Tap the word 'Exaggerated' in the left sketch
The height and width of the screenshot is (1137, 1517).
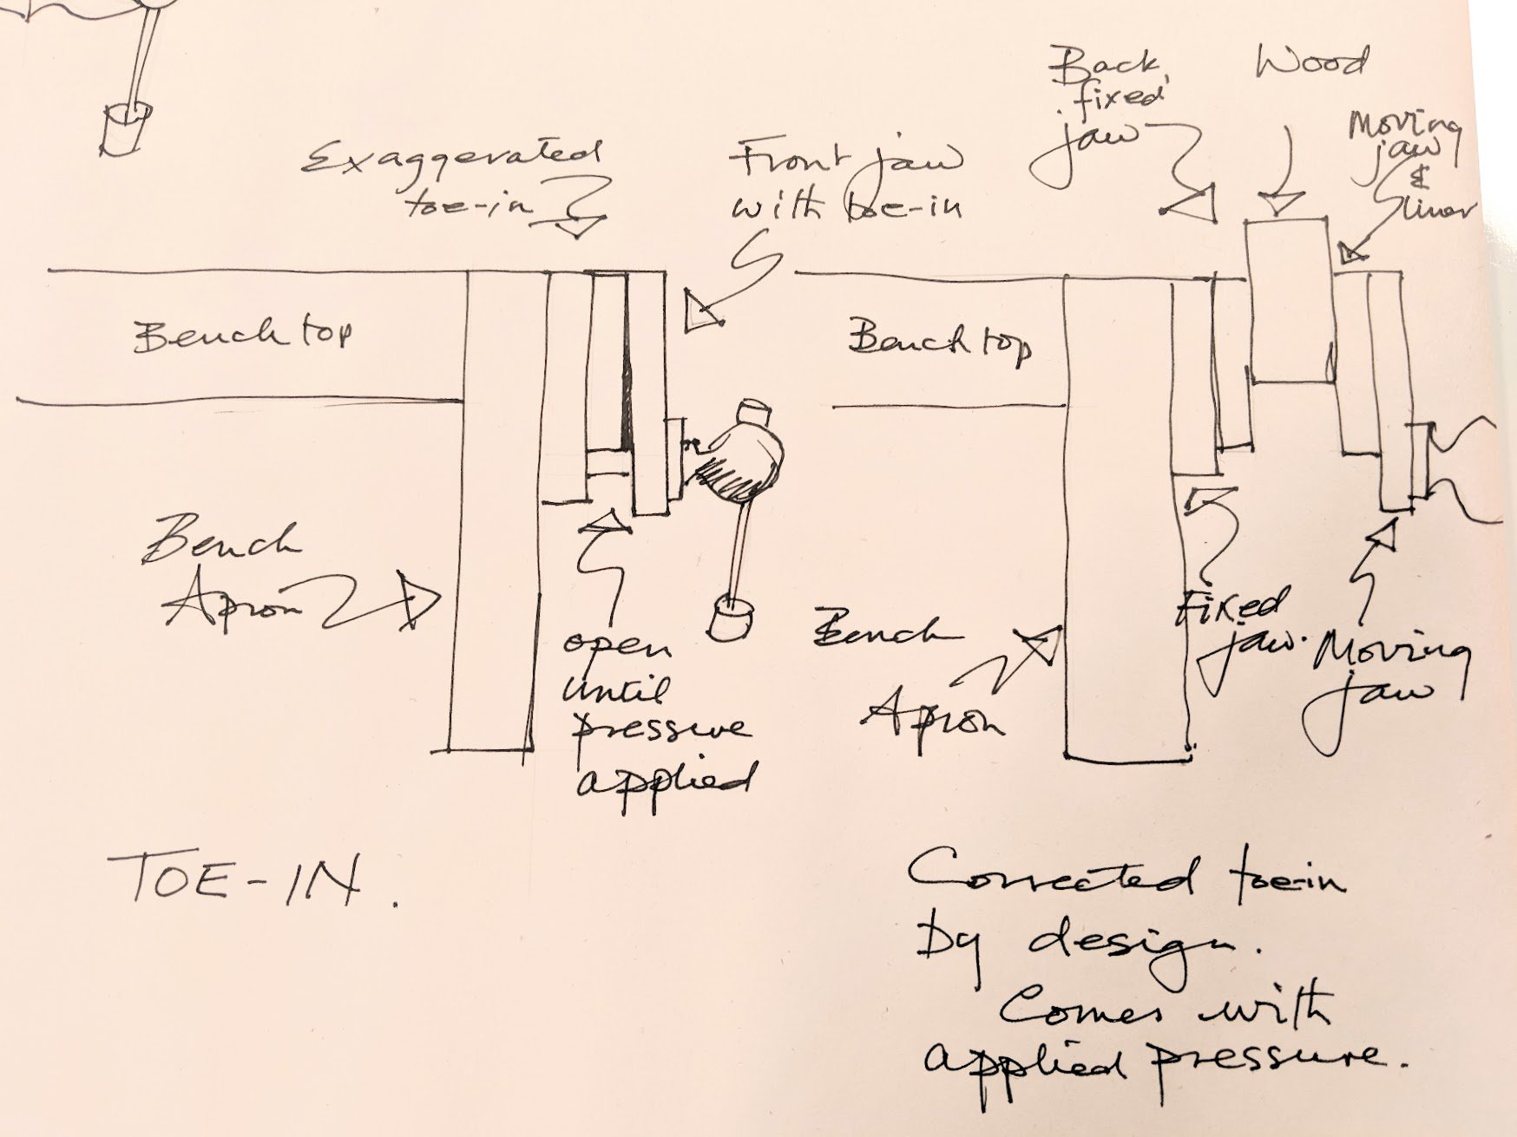tap(451, 160)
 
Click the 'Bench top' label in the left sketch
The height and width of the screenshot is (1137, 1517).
tap(243, 335)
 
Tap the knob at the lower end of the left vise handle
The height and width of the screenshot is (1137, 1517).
tap(732, 618)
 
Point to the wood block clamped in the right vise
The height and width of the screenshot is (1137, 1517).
tap(1288, 300)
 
